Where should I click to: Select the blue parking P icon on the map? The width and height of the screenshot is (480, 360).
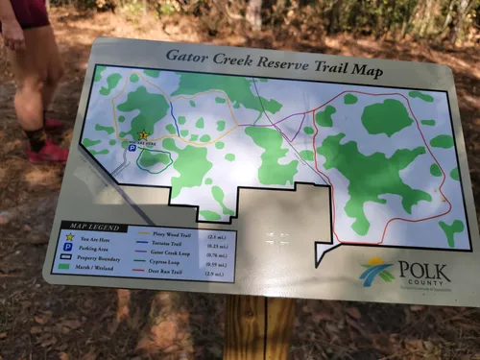coord(132,148)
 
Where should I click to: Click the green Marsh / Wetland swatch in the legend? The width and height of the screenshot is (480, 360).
coord(64,267)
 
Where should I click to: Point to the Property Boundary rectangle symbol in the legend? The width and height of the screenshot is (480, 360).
coord(65,256)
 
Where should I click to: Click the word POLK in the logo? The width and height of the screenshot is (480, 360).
coord(422,270)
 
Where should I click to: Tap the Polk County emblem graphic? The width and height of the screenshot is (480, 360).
coord(376,271)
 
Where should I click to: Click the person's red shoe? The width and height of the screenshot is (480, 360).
coord(48,152)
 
